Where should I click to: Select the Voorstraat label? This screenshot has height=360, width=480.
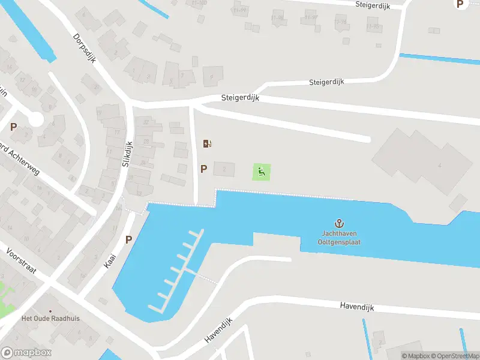click(x=21, y=262)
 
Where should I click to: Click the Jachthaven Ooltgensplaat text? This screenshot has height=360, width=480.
click(x=340, y=239)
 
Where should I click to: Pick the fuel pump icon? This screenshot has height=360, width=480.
click(x=208, y=143)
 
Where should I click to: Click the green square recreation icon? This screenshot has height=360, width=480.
click(x=262, y=172)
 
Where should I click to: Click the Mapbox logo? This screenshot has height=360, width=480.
click(x=26, y=353)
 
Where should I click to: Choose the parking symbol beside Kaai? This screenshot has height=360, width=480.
click(x=128, y=239)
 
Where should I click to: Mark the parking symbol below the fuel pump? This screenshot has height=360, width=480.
click(x=204, y=169)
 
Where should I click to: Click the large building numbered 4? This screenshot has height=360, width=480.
click(x=420, y=159)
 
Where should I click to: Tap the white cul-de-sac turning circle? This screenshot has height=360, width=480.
click(x=36, y=119)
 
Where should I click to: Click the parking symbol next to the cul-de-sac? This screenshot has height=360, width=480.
click(x=13, y=127)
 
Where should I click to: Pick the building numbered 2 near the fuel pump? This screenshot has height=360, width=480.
click(x=224, y=169)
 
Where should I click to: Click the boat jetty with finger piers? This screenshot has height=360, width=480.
click(x=178, y=270)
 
